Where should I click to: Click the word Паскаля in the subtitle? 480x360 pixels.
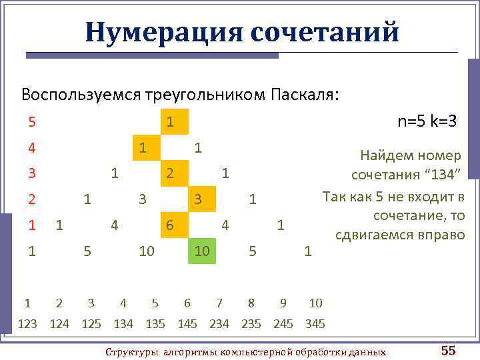304,94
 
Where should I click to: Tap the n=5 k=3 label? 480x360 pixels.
427,121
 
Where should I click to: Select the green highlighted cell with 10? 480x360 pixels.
202,251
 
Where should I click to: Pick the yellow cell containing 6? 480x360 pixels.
170,225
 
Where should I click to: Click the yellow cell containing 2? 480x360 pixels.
170,173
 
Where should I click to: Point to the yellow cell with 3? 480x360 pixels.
198,199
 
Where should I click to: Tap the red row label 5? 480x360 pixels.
31,122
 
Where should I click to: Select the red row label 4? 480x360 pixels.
31,147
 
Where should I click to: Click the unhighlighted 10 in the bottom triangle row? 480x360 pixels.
147,251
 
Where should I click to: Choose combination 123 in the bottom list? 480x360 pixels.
27,324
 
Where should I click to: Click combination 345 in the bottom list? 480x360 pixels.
315,324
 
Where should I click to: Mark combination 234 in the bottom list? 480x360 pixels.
219,324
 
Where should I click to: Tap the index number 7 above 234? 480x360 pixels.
219,303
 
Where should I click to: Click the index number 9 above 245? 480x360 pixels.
283,303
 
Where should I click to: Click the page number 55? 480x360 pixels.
448,351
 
